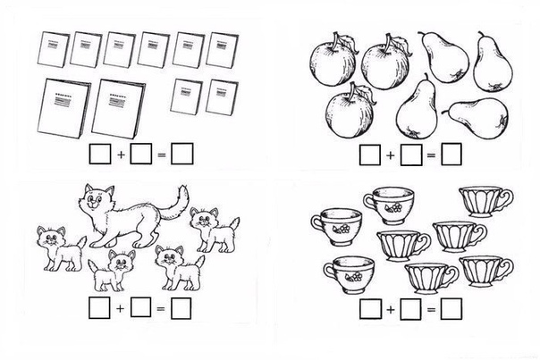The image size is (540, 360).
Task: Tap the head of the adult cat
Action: coord(95,197)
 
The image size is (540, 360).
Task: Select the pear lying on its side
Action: coord(477,117)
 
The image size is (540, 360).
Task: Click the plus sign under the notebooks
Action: coord(121,155)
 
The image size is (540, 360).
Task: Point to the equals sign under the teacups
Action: coord(431,310)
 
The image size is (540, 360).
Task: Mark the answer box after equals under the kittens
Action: coord(181,308)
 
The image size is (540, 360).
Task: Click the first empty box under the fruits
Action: coord(370,155)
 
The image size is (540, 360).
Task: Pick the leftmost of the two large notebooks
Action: coord(63,108)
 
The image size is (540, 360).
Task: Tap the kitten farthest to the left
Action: coord(60,247)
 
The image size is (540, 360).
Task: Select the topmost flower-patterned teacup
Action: coord(389,205)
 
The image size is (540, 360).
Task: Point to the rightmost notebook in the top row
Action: coord(222,49)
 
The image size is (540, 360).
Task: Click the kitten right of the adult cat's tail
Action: coord(215,230)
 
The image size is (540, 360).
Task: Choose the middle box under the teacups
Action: coord(410,309)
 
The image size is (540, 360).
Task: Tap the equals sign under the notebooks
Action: coord(161,155)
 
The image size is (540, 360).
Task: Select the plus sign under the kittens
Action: coord(120,308)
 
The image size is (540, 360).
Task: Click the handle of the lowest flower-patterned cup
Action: coord(329,271)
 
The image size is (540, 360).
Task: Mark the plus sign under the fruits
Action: coord(390,155)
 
